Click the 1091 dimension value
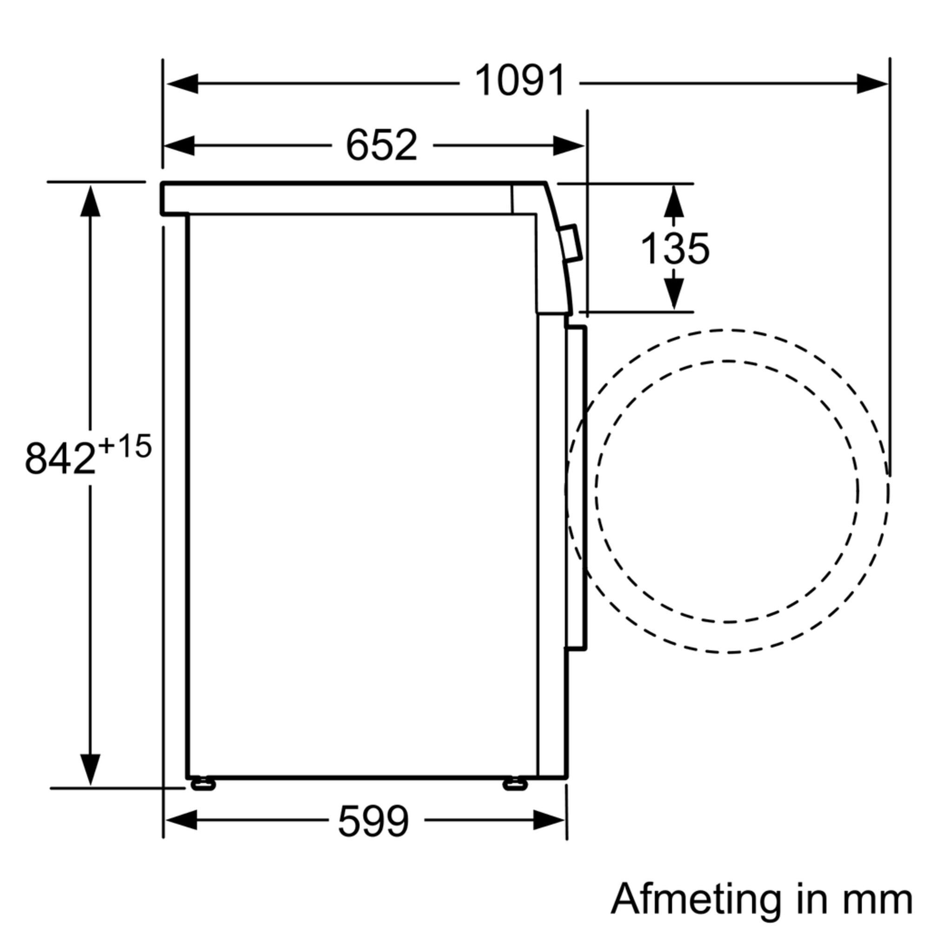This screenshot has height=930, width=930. (x=519, y=81)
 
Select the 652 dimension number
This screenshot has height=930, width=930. (x=381, y=145)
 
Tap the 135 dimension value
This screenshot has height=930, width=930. (x=675, y=249)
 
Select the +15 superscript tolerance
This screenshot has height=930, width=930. (x=125, y=446)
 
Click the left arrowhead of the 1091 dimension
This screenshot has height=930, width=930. (x=182, y=84)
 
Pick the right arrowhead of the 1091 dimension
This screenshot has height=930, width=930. (x=872, y=84)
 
